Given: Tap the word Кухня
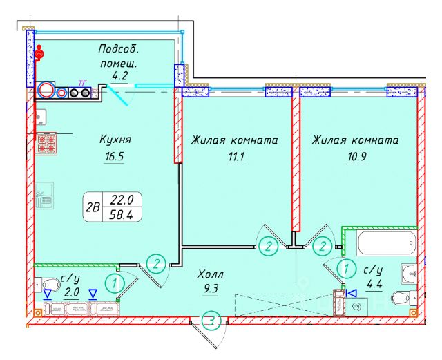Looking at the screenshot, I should pyautogui.click(x=115, y=140).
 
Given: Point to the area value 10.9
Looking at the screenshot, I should pyautogui.click(x=357, y=157).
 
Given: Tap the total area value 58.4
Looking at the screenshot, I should pyautogui.click(x=126, y=214).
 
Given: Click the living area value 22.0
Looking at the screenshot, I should pyautogui.click(x=126, y=200).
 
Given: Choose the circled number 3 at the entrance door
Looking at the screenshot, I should pyautogui.click(x=213, y=321).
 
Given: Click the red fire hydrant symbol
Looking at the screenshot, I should pyautogui.click(x=40, y=53).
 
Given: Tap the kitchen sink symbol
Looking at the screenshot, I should pyautogui.click(x=46, y=196).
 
